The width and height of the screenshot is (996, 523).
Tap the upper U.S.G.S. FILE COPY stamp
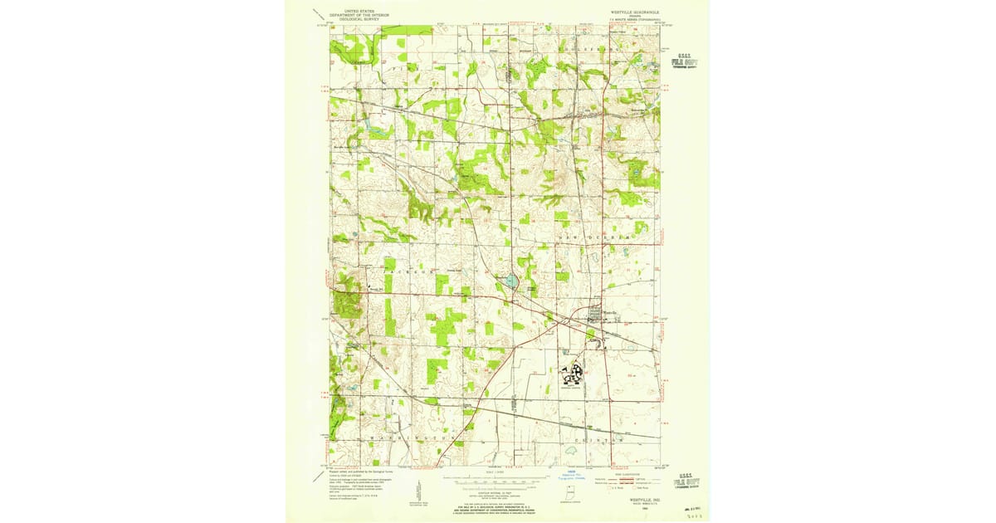click(x=684, y=61)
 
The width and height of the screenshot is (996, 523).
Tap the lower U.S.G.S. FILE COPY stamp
click(x=686, y=480)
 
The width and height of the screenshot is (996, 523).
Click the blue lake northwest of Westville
click(x=510, y=282)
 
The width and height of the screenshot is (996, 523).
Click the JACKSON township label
click(x=409, y=271)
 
